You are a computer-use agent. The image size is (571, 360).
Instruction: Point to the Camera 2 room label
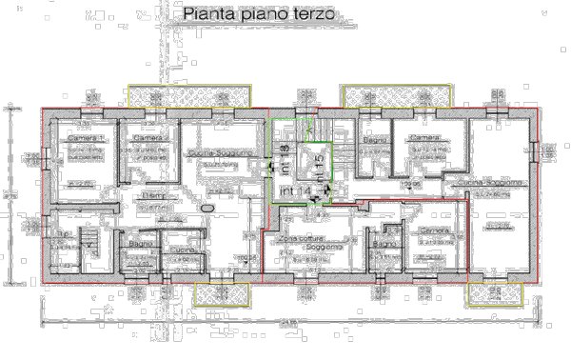click(x=149, y=139)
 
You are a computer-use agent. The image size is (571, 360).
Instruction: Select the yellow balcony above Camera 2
click(x=189, y=96)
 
